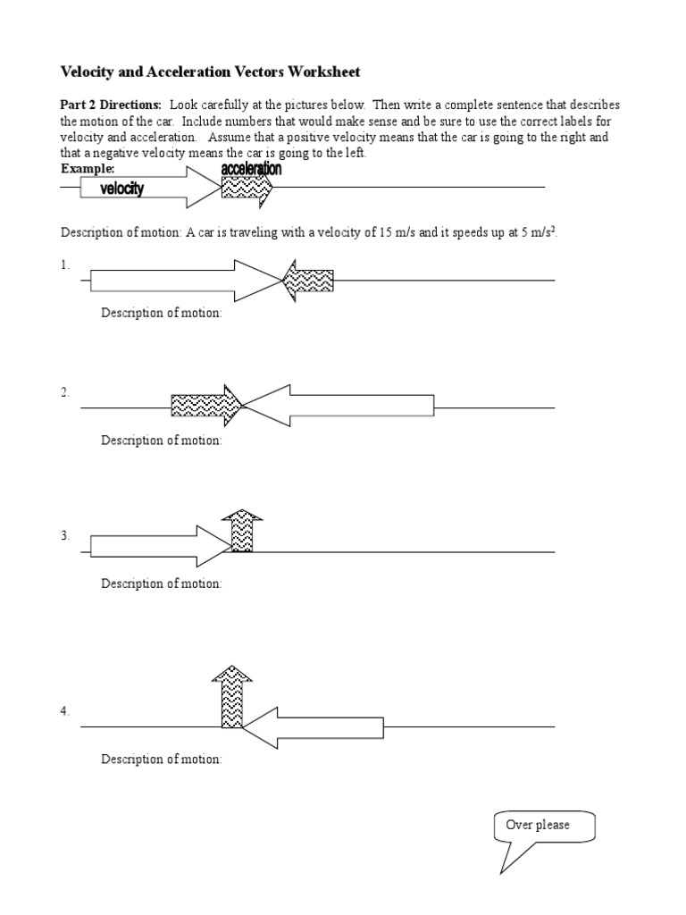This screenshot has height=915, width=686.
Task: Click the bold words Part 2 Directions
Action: pos(111,105)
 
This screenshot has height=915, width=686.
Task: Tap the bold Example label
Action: pos(88,168)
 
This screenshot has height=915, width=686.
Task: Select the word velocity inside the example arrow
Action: pos(121,189)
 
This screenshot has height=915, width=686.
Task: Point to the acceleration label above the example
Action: pos(251,169)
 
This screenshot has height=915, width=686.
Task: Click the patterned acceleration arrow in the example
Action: pos(246,189)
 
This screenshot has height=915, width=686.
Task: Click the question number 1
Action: pos(64,265)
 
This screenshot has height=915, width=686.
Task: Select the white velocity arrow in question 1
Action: pos(179,281)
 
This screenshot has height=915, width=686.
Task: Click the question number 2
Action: pos(64,393)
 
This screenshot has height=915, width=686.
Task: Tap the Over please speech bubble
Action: pos(543,827)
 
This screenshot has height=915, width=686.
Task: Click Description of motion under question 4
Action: pos(161,760)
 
